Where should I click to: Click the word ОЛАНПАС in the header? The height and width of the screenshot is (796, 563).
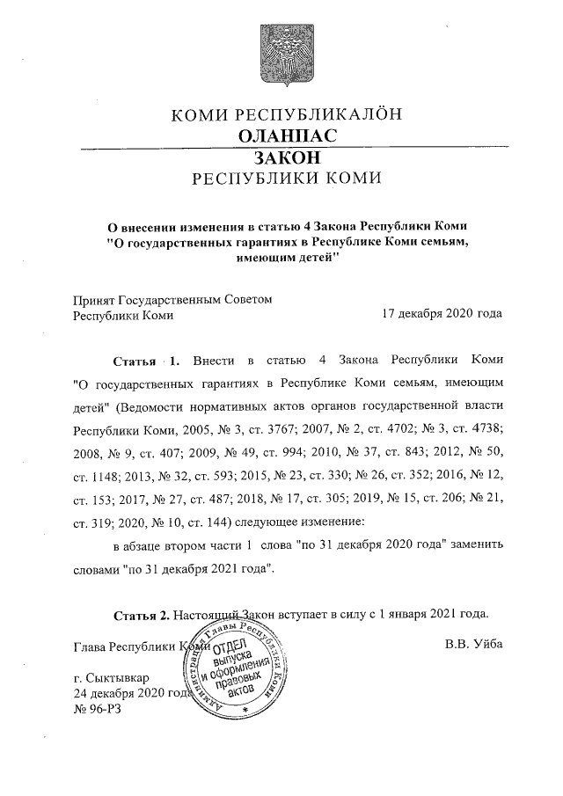pyautogui.click(x=287, y=135)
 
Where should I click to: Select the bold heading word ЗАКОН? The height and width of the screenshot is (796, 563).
pyautogui.click(x=287, y=157)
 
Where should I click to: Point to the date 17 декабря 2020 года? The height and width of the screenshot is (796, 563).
pyautogui.click(x=442, y=314)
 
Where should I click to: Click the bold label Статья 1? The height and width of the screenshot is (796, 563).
pyautogui.click(x=147, y=361)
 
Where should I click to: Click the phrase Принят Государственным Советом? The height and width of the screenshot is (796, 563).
pyautogui.click(x=172, y=298)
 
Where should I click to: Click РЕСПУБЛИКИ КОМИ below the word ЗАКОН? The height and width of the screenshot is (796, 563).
pyautogui.click(x=287, y=179)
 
